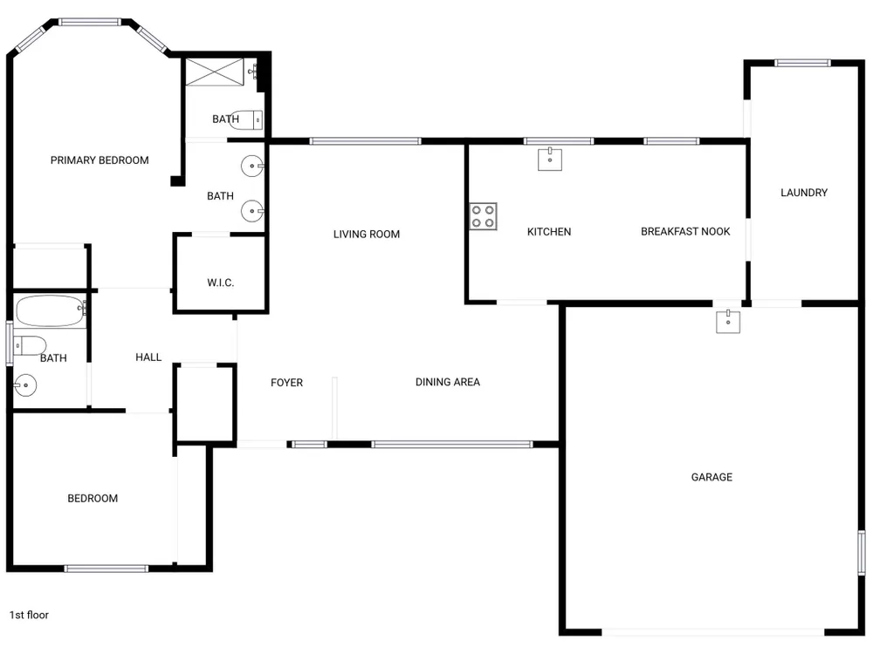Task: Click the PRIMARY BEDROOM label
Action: coord(100,160)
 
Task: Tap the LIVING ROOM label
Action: coord(367,234)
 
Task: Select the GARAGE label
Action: coord(711,477)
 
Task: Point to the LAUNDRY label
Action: coord(804,193)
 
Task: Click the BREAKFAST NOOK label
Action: coord(685,231)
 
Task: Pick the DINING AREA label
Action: coord(448,382)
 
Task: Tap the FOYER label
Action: coord(286,383)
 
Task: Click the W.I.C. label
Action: coord(221,283)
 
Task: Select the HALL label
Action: coord(148,357)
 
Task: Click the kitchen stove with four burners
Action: coord(483,216)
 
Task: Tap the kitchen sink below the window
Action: coord(550,159)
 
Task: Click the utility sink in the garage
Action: coord(728,322)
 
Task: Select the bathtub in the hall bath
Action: coord(51,311)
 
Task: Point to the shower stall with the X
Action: coord(215,72)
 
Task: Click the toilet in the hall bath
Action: coord(30,345)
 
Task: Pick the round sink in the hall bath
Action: coord(25,385)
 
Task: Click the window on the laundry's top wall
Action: coord(802,63)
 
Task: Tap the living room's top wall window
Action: coord(365,141)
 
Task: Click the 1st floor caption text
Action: coord(29,615)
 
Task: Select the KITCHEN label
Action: coord(549,231)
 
